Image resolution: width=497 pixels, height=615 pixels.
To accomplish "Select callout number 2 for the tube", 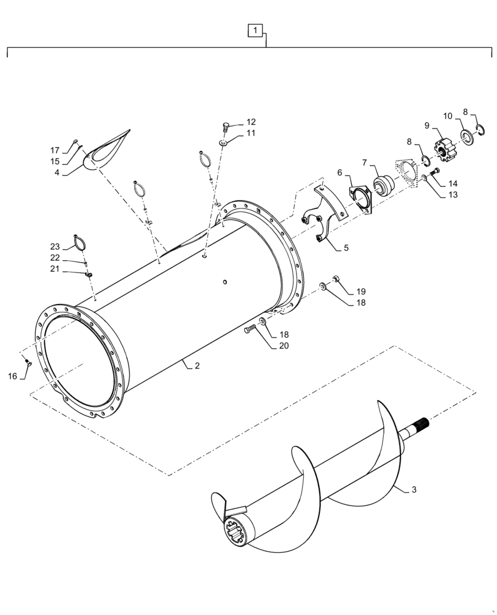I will point(197,367).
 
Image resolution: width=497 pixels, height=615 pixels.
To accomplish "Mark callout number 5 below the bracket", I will point(346,248).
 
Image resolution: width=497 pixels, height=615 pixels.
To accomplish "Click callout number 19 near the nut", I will point(361,291).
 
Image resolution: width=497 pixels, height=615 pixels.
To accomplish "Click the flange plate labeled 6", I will point(360,199).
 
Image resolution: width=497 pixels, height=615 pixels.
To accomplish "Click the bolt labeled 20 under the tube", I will point(251,330).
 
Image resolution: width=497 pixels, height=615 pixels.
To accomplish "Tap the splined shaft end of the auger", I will point(419,425).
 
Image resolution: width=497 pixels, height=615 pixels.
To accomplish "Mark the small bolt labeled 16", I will point(28,362).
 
